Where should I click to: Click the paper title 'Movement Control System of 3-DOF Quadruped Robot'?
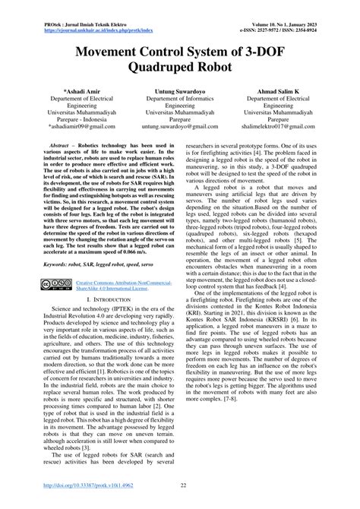point(180,66)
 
